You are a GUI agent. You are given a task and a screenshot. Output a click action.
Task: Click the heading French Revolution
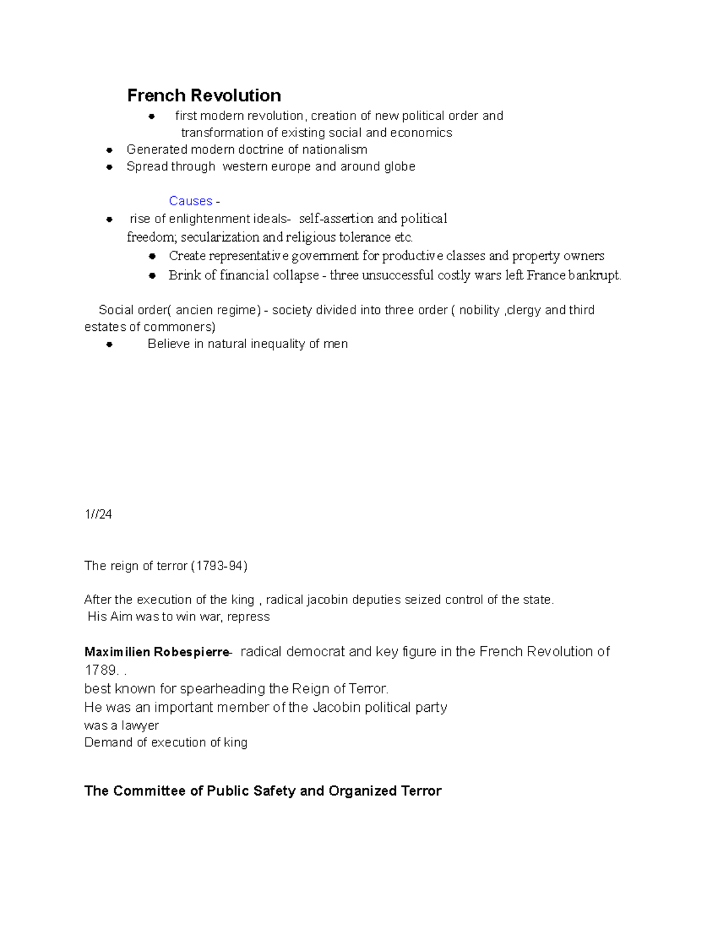point(204,96)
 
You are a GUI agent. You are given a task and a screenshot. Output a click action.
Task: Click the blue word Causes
point(190,201)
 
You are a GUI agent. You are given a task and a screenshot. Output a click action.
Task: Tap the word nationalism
point(334,150)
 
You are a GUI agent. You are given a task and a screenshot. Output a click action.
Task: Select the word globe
point(400,166)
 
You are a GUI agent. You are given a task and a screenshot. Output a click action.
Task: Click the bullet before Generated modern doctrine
point(109,150)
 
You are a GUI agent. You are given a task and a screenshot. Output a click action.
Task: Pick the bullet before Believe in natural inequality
point(109,345)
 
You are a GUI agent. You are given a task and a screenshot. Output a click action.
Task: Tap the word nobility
point(479,310)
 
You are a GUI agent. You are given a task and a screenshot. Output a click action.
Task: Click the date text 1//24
point(98,514)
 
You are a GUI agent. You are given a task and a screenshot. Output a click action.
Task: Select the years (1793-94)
point(218,566)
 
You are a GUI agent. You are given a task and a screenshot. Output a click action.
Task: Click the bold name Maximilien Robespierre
point(157,652)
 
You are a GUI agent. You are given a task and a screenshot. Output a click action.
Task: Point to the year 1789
point(99,671)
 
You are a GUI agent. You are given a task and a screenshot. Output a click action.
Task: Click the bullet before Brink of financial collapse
point(152,276)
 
